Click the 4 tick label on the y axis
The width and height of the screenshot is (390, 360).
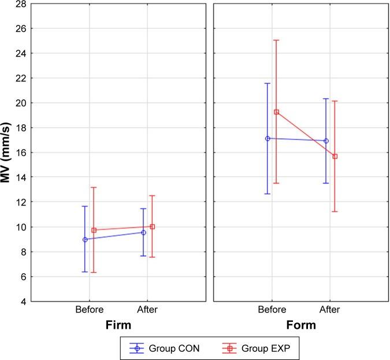click(x=26, y=302)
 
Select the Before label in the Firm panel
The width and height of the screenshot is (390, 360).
click(x=90, y=310)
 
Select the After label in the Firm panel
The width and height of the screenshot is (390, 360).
click(x=148, y=310)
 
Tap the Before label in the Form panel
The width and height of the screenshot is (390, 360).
click(x=272, y=310)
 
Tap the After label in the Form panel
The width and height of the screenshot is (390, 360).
click(x=330, y=310)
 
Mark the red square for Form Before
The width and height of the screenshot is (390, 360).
click(x=276, y=112)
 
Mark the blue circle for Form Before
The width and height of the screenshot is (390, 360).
click(x=268, y=139)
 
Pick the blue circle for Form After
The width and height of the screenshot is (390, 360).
click(x=326, y=141)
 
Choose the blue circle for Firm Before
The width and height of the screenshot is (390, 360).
click(x=85, y=239)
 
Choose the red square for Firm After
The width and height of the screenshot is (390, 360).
click(x=153, y=227)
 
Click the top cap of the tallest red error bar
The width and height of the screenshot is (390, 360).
click(x=276, y=40)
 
